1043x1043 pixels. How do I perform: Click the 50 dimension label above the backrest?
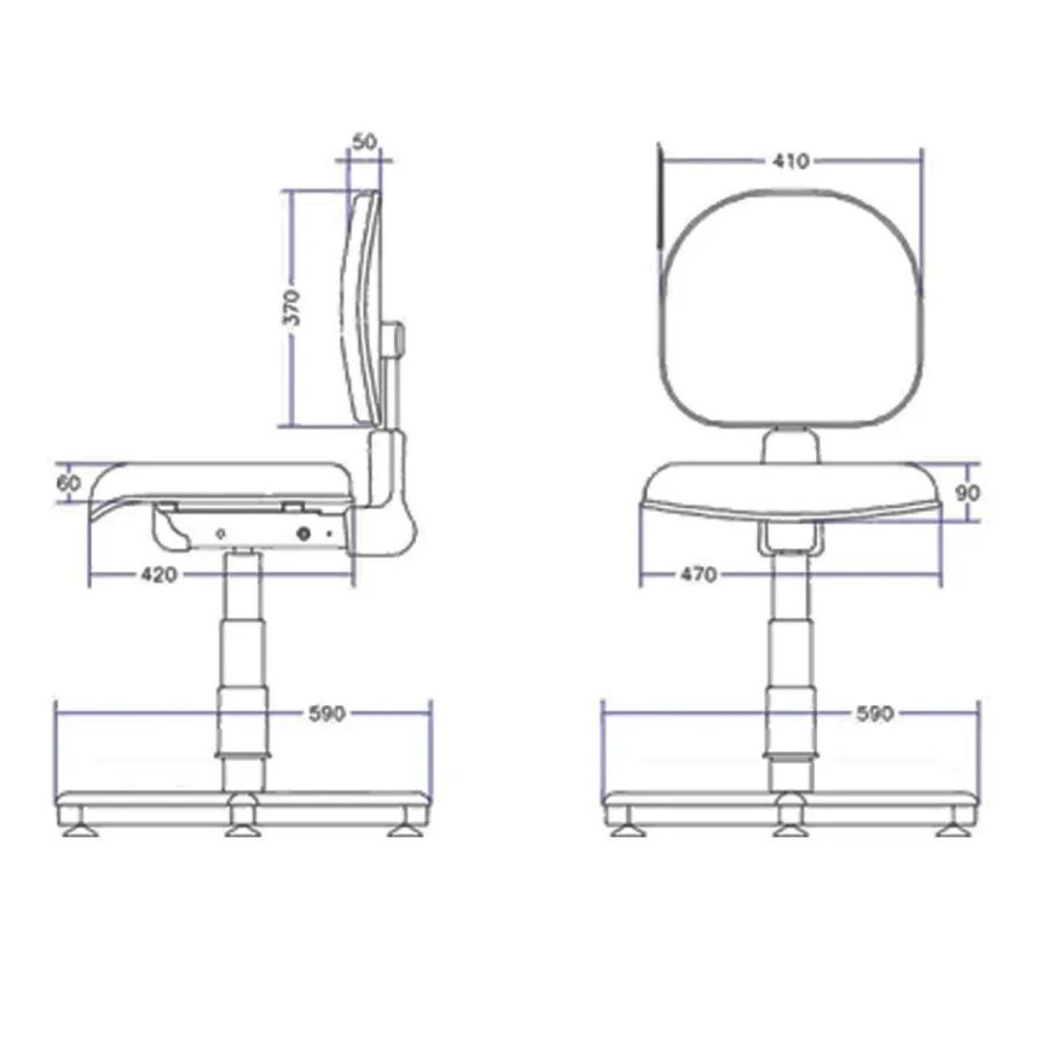[364, 142]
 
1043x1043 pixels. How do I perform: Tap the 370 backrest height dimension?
[292, 307]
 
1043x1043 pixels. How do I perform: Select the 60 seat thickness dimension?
[68, 483]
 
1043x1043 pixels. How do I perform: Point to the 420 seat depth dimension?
[159, 575]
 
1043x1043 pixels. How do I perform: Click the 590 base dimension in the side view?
[327, 714]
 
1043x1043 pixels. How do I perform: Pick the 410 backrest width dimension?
[791, 161]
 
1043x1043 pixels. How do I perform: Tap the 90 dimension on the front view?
[968, 493]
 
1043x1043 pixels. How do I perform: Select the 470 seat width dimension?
[698, 574]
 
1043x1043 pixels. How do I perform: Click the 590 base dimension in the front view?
[875, 714]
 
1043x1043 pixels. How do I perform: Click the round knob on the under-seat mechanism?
[304, 533]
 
